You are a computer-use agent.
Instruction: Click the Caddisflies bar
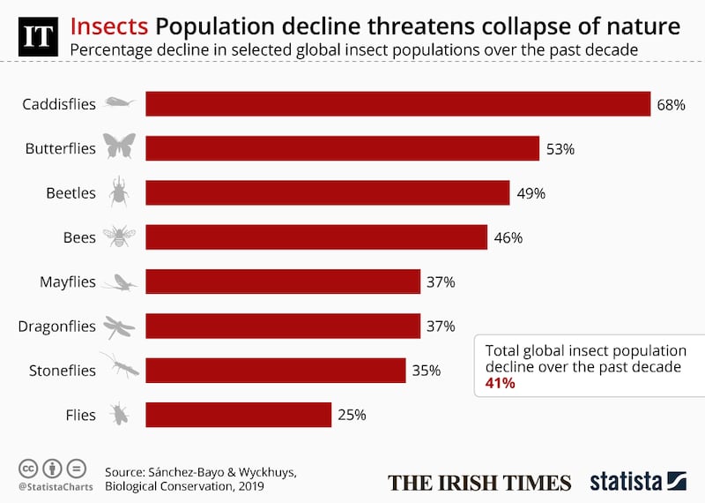(x=397, y=104)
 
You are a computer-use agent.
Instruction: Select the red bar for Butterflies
(x=342, y=148)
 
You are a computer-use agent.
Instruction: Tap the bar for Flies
(x=238, y=415)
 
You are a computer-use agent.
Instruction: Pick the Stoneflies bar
(x=275, y=371)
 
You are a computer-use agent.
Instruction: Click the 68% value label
(x=671, y=105)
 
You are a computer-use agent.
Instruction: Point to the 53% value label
(x=560, y=149)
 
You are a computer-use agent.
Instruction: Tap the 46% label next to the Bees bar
(x=508, y=237)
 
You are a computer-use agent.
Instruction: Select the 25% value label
(x=352, y=415)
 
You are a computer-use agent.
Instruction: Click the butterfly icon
(x=119, y=146)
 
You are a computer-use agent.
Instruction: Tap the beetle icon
(x=119, y=191)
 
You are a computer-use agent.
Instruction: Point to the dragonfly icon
(x=119, y=327)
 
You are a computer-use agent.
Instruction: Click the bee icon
(x=118, y=236)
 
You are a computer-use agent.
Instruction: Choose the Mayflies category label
(x=67, y=282)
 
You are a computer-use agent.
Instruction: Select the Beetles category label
(x=70, y=193)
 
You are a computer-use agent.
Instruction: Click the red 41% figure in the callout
(x=501, y=384)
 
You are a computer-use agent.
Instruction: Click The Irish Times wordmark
(x=479, y=482)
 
